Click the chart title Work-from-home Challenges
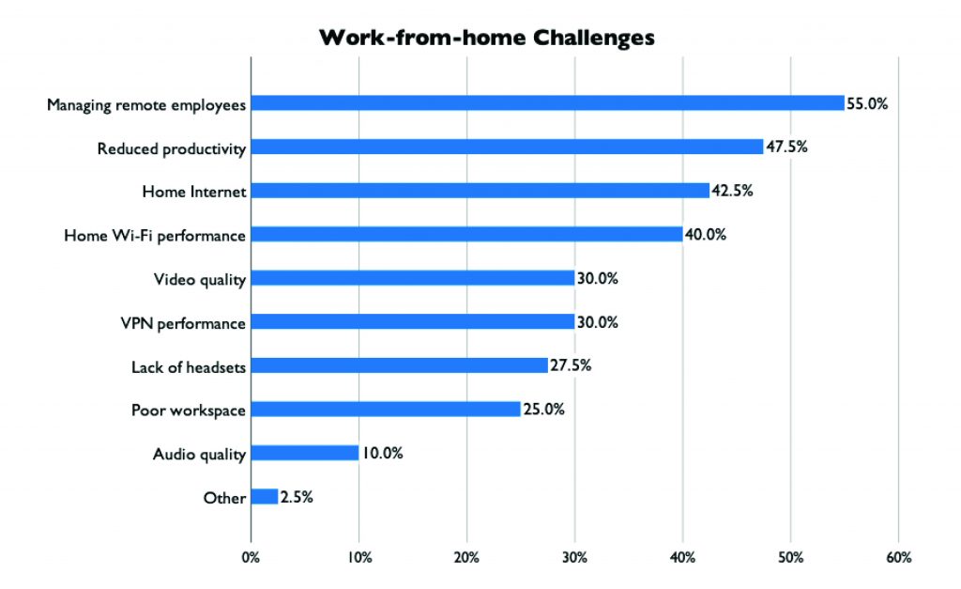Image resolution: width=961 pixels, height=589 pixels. [x=487, y=38]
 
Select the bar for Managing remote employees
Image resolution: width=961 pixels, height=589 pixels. [x=548, y=103]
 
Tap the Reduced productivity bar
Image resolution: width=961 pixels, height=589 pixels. [x=508, y=147]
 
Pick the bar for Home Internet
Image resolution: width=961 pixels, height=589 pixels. [x=480, y=190]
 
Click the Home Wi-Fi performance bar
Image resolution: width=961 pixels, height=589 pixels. [x=467, y=234]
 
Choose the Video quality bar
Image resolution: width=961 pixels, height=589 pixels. [x=413, y=278]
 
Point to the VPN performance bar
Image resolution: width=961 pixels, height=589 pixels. [x=413, y=321]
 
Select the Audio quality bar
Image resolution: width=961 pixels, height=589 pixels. [x=305, y=453]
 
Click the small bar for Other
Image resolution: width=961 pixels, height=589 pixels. [x=265, y=496]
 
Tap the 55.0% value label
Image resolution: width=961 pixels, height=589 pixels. [x=867, y=103]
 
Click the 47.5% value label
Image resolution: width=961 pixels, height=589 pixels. [x=787, y=147]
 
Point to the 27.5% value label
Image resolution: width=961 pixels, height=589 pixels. [x=571, y=365]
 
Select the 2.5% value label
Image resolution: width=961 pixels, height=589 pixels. [x=297, y=497]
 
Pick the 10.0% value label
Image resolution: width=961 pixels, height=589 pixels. [x=383, y=454]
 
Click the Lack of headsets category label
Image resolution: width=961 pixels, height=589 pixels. [x=189, y=367]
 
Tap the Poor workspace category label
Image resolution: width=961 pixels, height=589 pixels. [x=189, y=411]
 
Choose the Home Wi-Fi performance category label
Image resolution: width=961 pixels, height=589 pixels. [x=155, y=236]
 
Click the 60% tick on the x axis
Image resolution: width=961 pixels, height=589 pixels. [x=898, y=557]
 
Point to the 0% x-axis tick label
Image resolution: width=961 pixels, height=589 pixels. [x=251, y=557]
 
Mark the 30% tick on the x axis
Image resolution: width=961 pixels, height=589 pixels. [x=575, y=557]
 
